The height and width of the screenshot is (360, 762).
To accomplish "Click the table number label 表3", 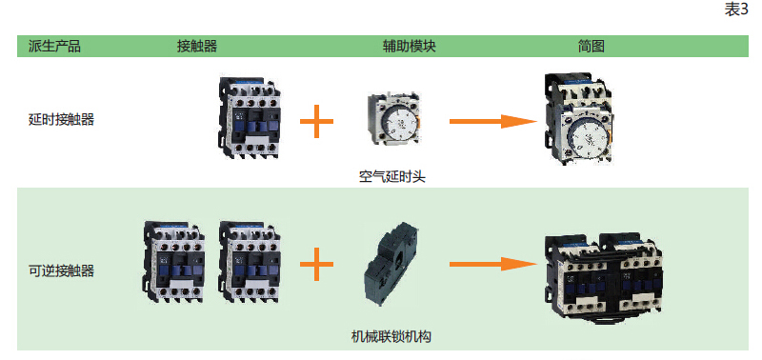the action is coord(736,10).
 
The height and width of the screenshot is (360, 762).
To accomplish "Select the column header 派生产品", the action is coord(54,47).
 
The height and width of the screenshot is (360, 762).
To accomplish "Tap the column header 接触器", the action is coord(197,47).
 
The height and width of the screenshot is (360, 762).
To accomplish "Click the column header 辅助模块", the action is coord(410,47).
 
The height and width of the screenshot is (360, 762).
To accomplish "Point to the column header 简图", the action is coord(592,47).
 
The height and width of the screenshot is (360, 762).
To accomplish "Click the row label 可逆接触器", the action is coord(61,271).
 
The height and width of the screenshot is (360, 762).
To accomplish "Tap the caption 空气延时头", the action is coord(392,177).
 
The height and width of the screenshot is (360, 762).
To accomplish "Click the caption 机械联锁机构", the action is coord(391,336).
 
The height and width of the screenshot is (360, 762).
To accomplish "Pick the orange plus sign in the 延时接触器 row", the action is coord(316,121).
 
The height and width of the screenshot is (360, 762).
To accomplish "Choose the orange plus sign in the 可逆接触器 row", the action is coord(316,265).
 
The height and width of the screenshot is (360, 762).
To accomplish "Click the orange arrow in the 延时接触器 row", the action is coord(492,121).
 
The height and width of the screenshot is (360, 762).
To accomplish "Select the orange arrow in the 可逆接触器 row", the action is coord(492,265).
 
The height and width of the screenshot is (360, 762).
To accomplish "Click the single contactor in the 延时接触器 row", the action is coord(250,117).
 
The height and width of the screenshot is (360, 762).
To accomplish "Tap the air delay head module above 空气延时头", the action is coord(394,118).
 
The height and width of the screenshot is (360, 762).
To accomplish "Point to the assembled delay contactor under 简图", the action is coord(577,119).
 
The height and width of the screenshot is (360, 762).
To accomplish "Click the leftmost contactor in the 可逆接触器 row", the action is coord(174,263).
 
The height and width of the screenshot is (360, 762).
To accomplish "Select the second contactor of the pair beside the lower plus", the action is coord(251,263).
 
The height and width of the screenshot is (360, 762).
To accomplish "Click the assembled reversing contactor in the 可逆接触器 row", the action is coord(603,277).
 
